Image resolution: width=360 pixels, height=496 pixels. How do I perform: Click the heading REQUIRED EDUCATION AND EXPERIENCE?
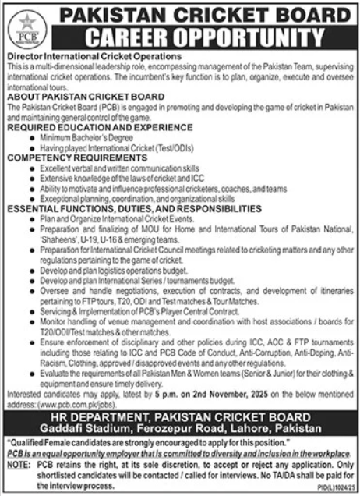99,125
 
